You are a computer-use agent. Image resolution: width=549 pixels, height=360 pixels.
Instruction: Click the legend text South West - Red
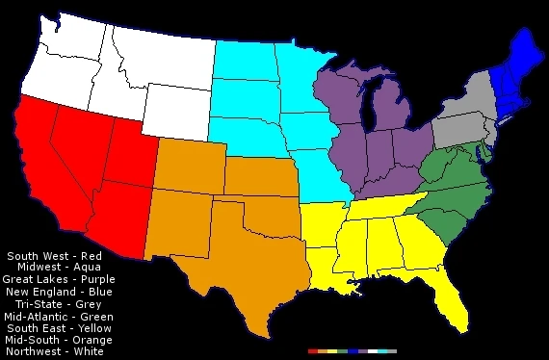(54, 255)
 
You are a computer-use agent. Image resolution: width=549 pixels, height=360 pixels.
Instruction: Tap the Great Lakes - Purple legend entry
(58, 279)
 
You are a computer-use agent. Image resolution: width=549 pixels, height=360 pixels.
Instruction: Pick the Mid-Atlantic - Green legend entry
(58, 316)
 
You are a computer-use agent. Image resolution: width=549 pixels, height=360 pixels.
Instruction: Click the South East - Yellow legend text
(59, 327)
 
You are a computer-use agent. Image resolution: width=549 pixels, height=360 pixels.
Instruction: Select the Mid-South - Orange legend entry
(58, 340)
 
